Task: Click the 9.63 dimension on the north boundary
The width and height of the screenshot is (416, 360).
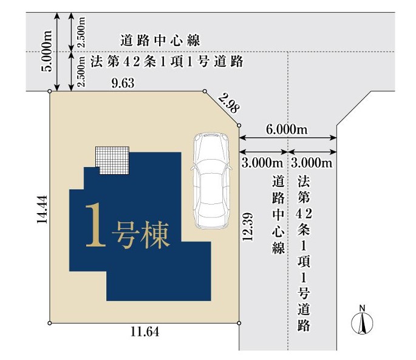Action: point(123,83)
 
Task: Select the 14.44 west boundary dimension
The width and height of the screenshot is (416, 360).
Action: point(42,209)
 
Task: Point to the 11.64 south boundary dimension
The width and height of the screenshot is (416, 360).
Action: point(145,331)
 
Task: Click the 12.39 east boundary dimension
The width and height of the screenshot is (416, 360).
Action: point(247,227)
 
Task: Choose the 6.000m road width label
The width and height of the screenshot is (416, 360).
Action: point(287,129)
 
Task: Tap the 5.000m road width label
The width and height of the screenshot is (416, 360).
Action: point(47,51)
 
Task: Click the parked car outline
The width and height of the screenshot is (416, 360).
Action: point(211,181)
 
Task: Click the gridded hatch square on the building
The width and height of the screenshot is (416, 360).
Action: point(112,160)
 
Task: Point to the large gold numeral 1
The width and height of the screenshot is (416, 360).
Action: point(95,225)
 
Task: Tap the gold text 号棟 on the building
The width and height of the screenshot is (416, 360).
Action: point(141,235)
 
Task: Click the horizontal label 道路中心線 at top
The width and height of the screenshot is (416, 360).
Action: point(160,41)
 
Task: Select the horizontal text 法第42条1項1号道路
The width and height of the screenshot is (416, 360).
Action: point(167,61)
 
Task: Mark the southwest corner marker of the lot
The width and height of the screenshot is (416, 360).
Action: point(50,323)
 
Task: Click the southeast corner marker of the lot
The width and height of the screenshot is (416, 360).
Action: point(239,323)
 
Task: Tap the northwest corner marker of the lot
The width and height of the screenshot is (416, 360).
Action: point(50,91)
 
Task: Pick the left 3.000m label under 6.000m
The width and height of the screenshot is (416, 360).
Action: point(262,163)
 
